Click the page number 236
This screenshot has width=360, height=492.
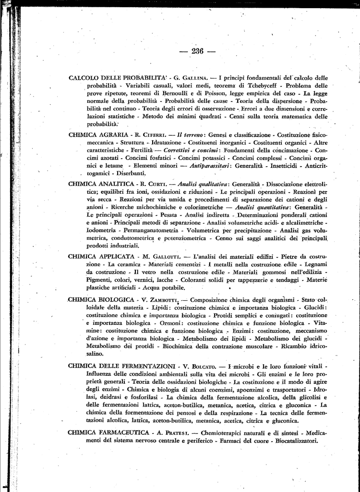tap(197, 51)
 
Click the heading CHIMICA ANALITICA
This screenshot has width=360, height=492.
tap(101, 184)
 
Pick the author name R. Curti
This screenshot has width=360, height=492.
tap(154, 184)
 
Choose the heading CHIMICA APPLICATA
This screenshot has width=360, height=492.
tap(101, 257)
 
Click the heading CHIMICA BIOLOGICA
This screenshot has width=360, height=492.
tap(101, 299)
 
